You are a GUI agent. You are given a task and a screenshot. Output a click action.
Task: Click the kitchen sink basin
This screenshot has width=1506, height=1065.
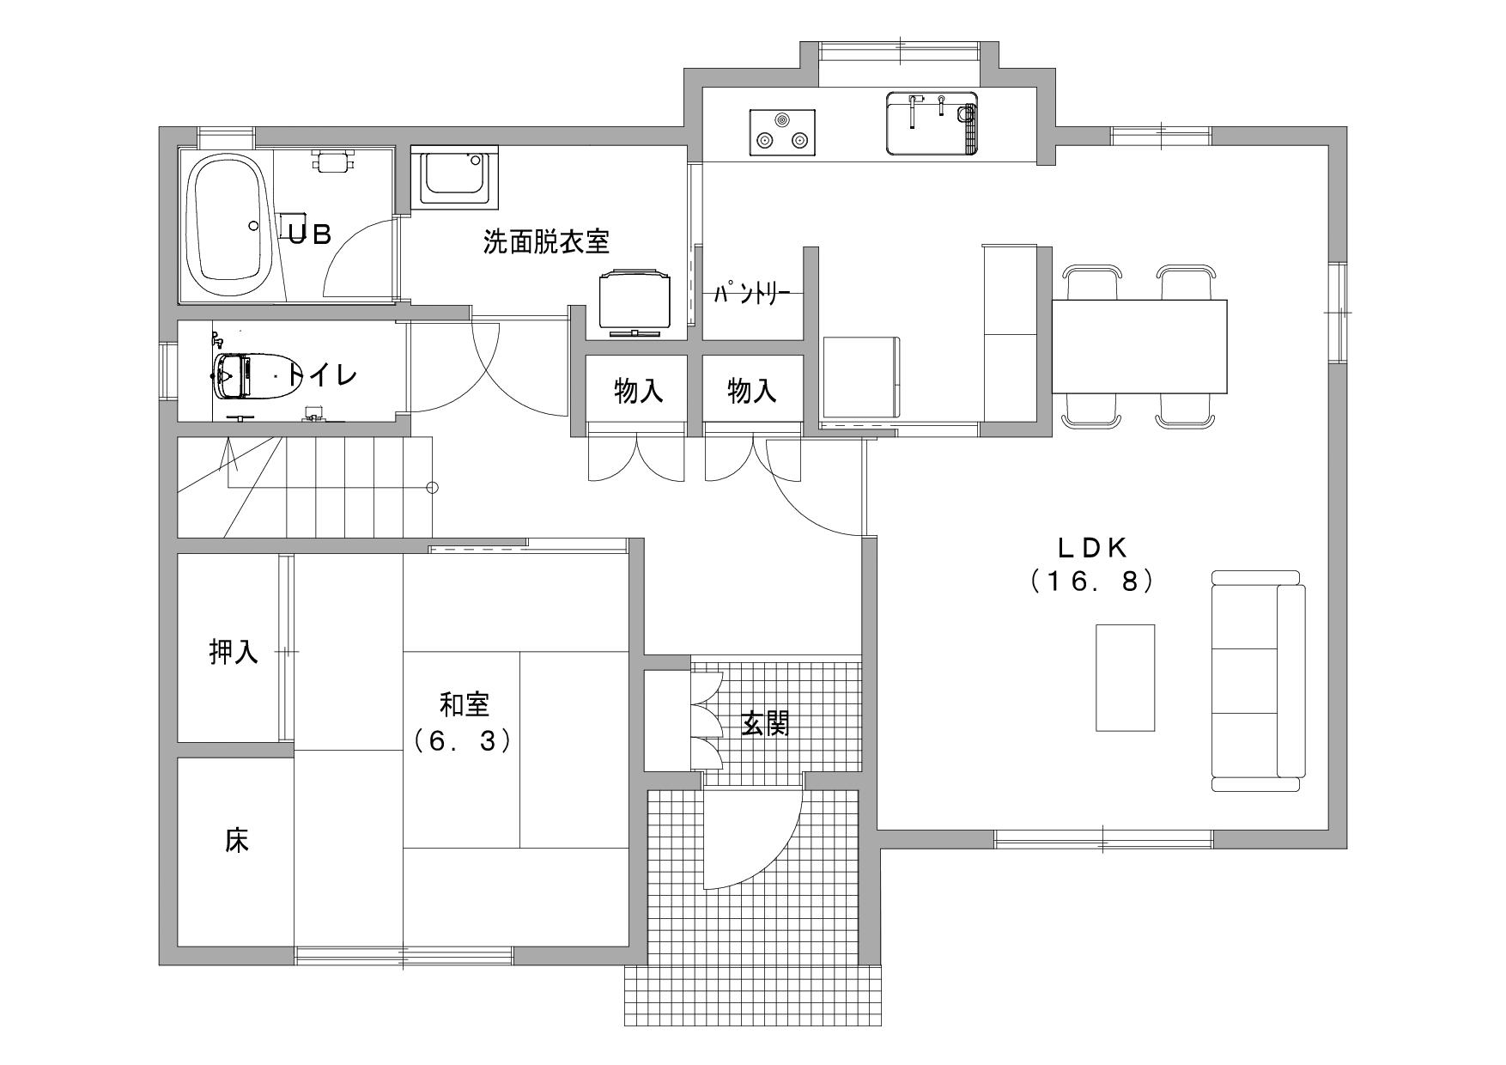click(932, 123)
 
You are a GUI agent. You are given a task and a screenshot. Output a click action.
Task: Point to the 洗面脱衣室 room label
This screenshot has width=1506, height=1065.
click(546, 242)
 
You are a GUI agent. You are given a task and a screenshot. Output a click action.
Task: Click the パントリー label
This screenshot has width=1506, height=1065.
click(752, 294)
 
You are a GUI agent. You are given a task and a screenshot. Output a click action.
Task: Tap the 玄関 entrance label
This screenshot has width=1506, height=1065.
click(766, 724)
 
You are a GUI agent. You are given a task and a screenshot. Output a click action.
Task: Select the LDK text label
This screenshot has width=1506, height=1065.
click(1090, 546)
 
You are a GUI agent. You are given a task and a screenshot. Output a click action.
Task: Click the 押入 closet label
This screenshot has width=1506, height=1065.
click(234, 652)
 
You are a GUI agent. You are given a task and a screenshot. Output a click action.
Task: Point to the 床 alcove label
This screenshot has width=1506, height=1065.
click(237, 840)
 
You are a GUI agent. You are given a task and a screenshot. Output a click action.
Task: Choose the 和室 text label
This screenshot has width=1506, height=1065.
click(465, 705)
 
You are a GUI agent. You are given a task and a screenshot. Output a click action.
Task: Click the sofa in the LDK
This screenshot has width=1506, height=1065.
click(1258, 680)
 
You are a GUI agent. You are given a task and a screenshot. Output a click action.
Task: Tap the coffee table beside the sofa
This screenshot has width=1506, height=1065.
click(1125, 678)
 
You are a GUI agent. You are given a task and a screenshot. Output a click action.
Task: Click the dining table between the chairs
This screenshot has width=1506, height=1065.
click(1139, 346)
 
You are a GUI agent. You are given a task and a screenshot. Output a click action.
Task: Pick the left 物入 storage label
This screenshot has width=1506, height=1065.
click(639, 392)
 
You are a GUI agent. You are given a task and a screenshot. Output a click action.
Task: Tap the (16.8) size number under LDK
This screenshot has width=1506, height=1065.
click(1090, 581)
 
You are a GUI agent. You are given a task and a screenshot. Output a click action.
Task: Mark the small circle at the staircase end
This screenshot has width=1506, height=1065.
click(433, 488)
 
